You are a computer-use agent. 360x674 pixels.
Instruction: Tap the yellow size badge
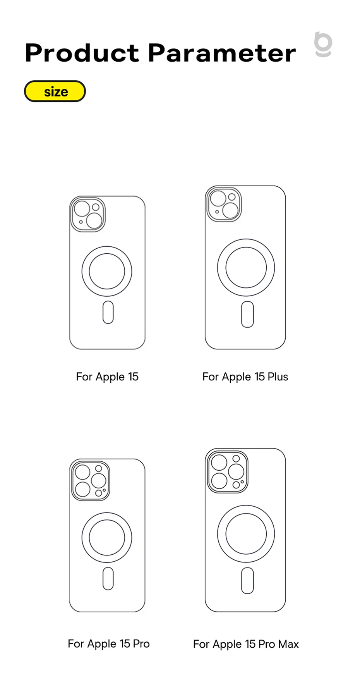55,91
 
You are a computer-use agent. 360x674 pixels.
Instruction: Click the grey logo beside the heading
323,45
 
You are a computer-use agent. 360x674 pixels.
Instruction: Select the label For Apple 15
107,377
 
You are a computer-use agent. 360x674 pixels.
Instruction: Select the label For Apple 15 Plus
245,377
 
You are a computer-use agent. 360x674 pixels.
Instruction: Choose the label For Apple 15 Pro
108,644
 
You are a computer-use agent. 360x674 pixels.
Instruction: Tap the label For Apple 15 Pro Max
246,644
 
